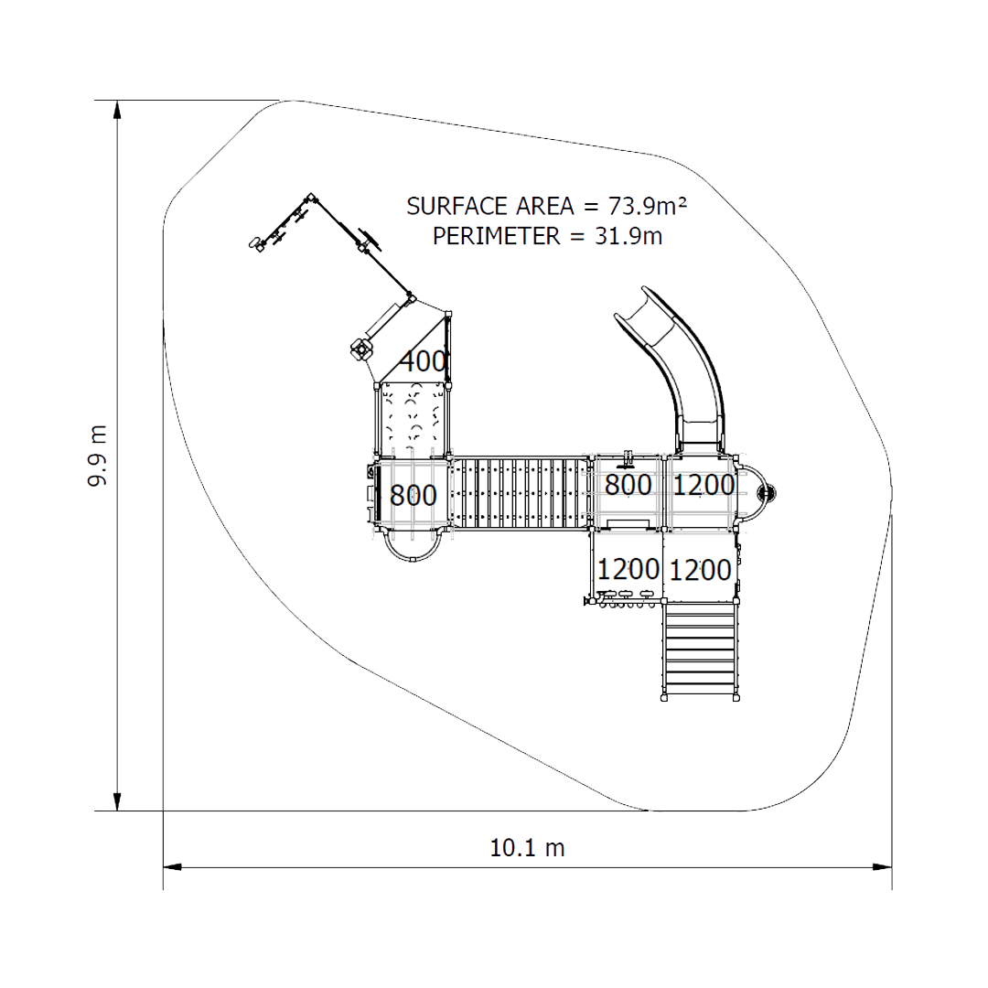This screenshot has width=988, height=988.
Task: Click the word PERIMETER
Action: (496, 236)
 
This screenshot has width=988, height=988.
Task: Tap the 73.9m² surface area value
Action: (647, 206)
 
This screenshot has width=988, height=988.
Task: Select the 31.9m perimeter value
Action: (628, 236)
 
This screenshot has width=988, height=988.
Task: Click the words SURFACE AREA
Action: (490, 206)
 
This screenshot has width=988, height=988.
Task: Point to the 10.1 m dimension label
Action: (527, 848)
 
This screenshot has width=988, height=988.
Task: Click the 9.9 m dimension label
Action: (97, 456)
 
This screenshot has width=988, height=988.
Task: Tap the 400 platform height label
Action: (424, 361)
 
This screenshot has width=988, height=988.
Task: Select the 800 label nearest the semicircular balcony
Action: (413, 495)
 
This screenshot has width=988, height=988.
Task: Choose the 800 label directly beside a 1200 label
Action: (628, 485)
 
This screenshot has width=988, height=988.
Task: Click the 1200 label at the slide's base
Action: (703, 485)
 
